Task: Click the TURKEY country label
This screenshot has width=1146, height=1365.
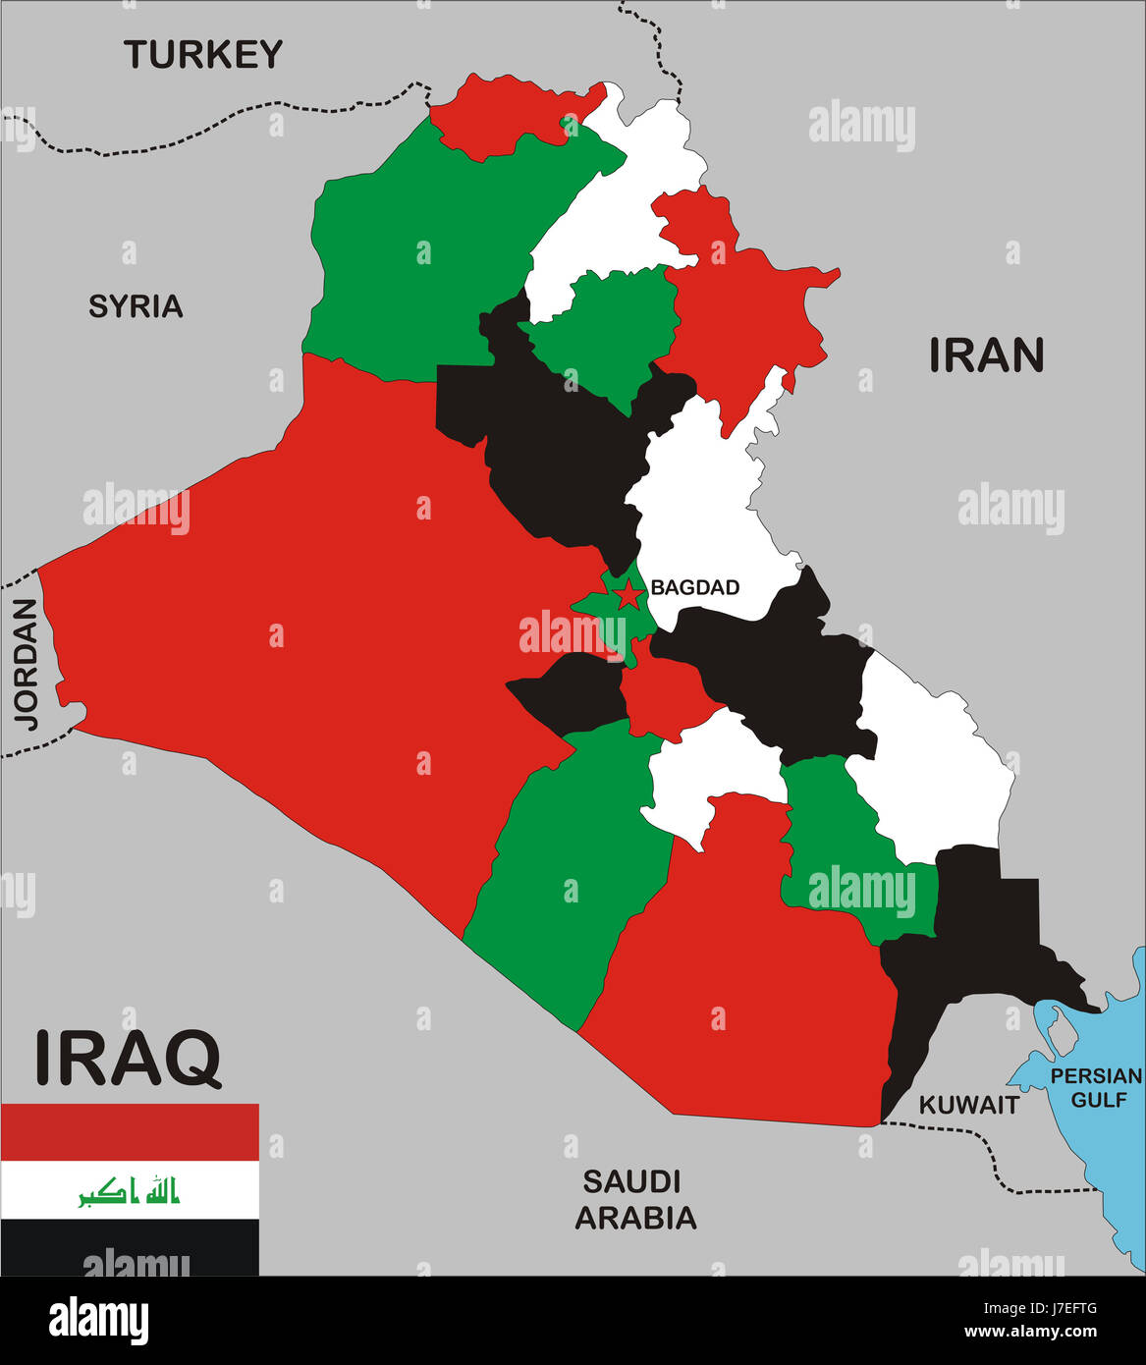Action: (203, 54)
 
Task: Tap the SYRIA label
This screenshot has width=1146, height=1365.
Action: (136, 306)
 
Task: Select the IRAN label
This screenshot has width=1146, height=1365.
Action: (986, 355)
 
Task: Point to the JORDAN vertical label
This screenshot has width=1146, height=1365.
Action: (26, 664)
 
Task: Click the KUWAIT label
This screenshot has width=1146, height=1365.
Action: (968, 1105)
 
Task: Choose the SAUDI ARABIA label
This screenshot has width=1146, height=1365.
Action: (635, 1199)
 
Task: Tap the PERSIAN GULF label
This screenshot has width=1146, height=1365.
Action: (1095, 1087)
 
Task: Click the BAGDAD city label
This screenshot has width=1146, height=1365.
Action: (694, 587)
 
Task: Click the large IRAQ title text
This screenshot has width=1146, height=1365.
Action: (128, 1058)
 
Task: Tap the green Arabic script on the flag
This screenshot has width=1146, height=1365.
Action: (130, 1191)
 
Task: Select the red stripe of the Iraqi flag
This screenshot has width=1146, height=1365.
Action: (130, 1131)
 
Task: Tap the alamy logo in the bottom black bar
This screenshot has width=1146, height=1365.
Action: (98, 1321)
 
